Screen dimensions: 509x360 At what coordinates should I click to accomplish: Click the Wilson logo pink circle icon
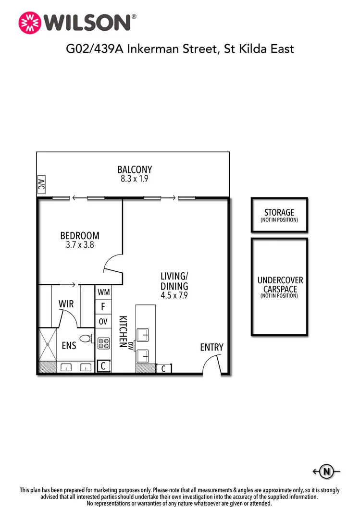[29, 23]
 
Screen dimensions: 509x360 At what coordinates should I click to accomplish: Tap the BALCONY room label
[135, 170]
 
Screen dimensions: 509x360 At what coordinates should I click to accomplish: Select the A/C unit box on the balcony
[41, 185]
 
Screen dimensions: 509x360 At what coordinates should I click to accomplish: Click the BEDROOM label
[80, 236]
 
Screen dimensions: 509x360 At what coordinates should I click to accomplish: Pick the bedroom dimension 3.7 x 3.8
[80, 245]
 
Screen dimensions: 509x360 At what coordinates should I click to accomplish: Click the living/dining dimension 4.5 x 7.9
[174, 296]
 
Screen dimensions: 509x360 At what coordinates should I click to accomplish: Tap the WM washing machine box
[104, 292]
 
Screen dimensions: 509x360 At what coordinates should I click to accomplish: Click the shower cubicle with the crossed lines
[47, 344]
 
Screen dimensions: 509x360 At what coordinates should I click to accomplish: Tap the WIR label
[66, 304]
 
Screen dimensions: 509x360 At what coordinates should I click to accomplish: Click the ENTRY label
[212, 347]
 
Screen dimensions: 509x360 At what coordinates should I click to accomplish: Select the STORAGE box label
[279, 213]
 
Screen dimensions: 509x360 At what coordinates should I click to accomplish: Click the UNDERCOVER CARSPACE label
[279, 285]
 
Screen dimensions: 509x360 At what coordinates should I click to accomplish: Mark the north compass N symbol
[327, 472]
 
